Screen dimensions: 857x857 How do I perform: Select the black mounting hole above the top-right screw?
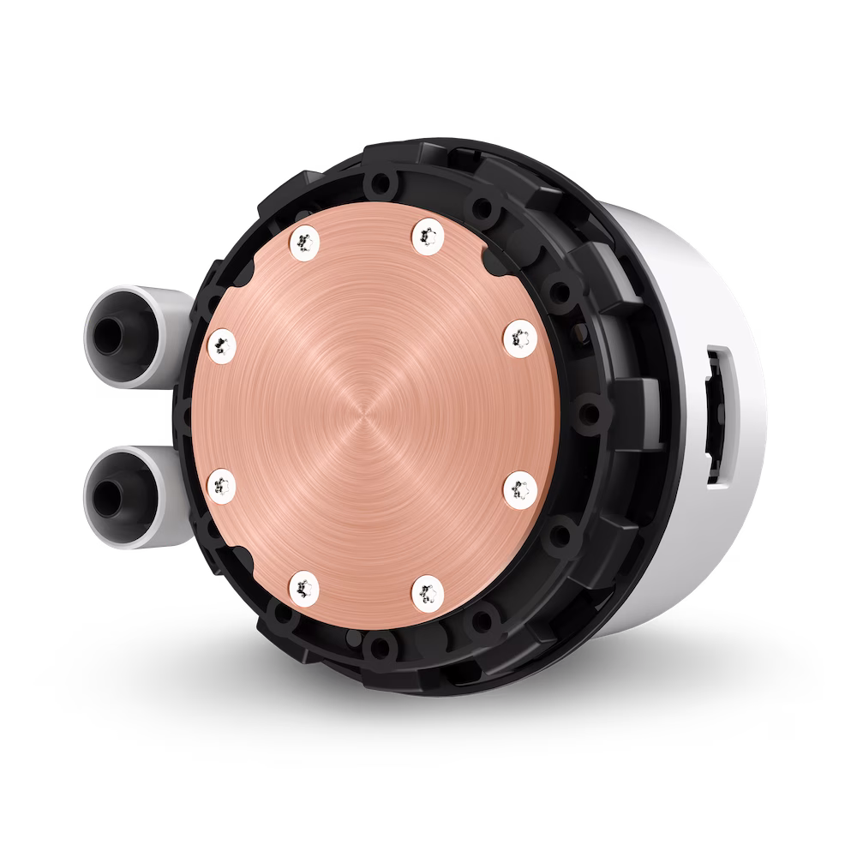(483, 206)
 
